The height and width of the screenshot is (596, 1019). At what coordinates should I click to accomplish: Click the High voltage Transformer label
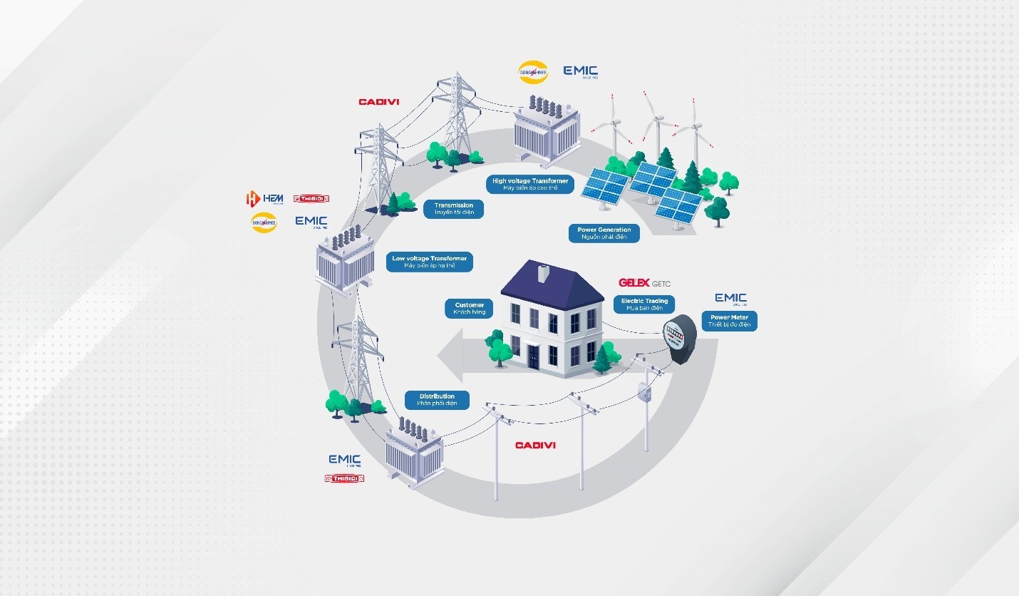tap(530, 185)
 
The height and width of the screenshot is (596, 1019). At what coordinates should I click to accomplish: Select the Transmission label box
tap(453, 209)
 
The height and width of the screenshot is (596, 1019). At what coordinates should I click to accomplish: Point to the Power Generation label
tap(604, 233)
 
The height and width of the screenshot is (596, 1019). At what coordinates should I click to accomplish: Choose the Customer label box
tap(469, 309)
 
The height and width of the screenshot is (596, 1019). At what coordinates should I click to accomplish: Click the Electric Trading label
tap(643, 304)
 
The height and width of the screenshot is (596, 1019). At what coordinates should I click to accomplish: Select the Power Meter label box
tap(729, 321)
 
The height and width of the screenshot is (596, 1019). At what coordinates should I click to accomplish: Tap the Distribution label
tap(437, 399)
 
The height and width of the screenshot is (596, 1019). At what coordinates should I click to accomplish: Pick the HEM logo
tap(264, 198)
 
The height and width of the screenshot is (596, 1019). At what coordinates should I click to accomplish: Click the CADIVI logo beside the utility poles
tap(535, 446)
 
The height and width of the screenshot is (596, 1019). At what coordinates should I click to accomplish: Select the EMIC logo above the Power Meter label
tap(730, 298)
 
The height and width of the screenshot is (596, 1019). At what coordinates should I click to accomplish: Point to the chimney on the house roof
tap(542, 273)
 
